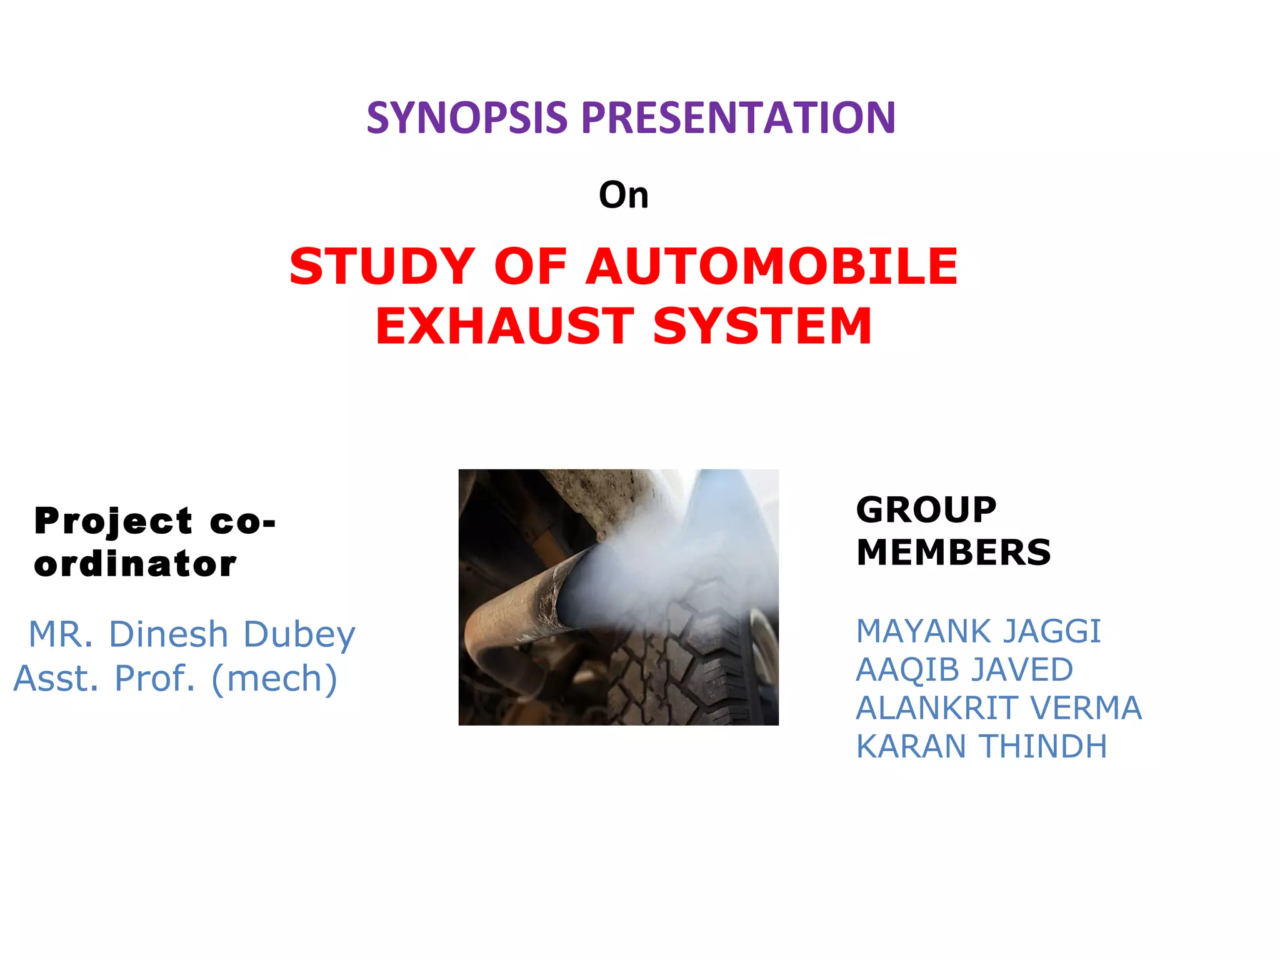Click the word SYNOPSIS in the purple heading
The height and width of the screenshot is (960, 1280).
pos(466,117)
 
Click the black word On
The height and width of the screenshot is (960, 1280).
pos(623,195)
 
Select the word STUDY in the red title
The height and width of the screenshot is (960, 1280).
pos(382,266)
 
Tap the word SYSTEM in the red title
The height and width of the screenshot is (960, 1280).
pos(762,326)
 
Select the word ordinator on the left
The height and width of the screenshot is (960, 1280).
pos(136,564)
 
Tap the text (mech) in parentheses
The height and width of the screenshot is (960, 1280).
pos(274,679)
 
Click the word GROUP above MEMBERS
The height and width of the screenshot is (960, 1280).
pos(926,509)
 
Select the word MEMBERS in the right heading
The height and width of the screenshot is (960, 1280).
pos(953,552)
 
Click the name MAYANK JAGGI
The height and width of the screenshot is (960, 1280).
pos(978,631)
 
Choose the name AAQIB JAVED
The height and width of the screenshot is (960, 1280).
pos(964,670)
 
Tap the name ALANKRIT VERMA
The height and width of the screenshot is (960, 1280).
pos(998,708)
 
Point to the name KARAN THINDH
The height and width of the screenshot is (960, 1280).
pos(981,746)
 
